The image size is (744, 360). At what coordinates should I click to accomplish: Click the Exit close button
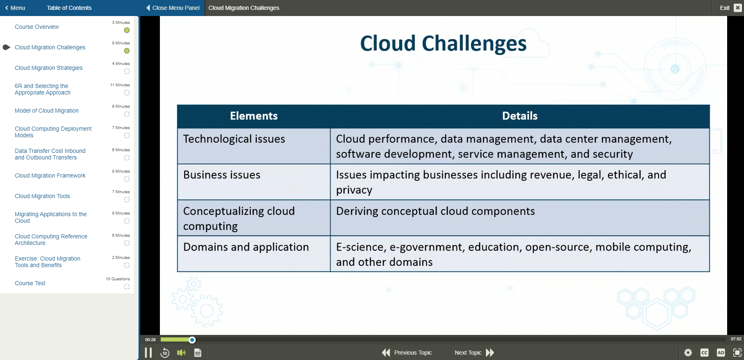[x=737, y=8]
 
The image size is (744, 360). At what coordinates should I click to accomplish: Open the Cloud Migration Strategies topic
[x=49, y=68]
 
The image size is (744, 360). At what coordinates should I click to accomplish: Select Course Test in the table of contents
[x=30, y=283]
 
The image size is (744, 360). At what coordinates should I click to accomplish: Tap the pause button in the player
[x=148, y=353]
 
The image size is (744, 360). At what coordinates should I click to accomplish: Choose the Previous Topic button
[x=407, y=353]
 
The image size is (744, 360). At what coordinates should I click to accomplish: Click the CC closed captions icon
[x=705, y=353]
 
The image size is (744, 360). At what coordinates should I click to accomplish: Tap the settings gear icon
[x=688, y=353]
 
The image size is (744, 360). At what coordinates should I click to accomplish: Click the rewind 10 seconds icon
[x=165, y=353]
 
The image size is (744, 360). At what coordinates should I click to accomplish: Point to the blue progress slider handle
[x=192, y=340]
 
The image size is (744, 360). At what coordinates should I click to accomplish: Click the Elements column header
[x=254, y=116]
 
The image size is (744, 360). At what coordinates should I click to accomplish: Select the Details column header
[x=520, y=116]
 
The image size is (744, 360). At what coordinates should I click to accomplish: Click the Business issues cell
[x=254, y=182]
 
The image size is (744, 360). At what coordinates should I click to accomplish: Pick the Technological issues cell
[x=254, y=146]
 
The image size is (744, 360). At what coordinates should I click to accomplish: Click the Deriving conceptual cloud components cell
[x=520, y=218]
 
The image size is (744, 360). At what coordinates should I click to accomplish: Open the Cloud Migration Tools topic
[x=42, y=196]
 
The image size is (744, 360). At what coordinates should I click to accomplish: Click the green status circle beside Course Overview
[x=127, y=30]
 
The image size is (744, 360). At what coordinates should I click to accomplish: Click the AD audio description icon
[x=721, y=353]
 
